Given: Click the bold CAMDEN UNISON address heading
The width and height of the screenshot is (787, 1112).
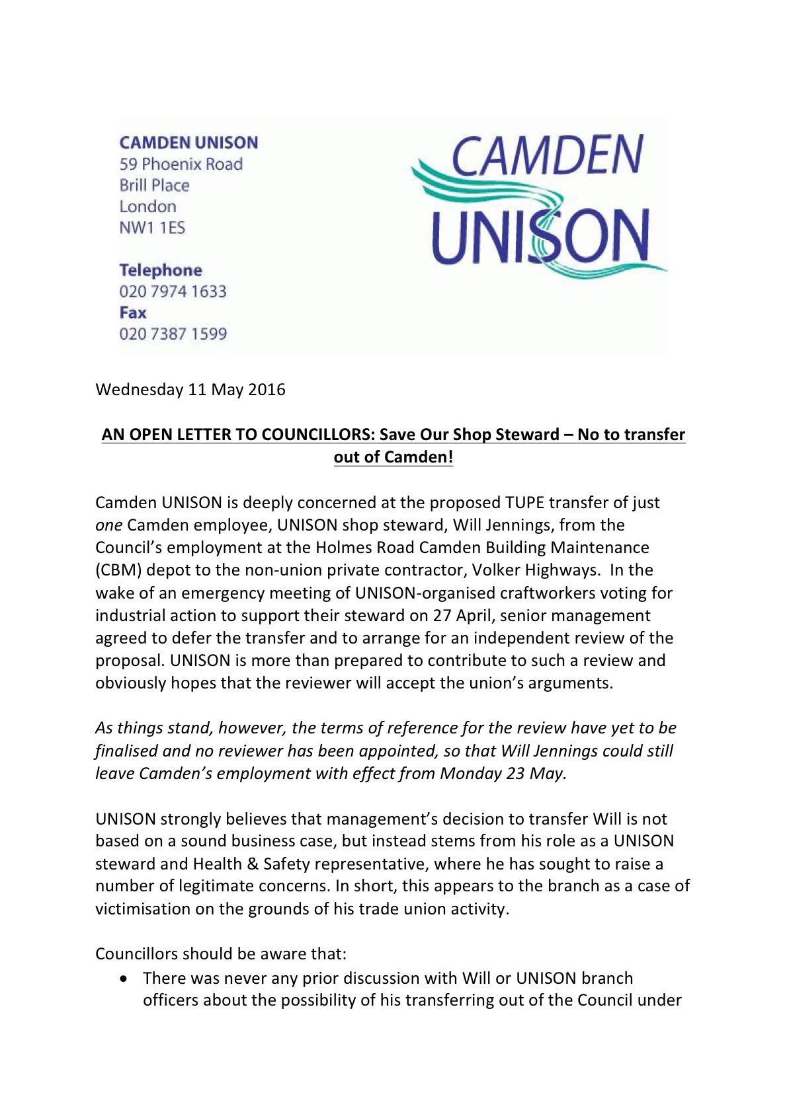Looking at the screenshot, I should click(x=188, y=143).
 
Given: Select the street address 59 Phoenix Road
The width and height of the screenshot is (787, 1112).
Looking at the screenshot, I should click(x=181, y=164).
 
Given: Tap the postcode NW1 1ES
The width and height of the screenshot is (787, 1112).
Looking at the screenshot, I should click(x=152, y=228).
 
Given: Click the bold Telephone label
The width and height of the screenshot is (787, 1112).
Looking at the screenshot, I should click(x=161, y=270).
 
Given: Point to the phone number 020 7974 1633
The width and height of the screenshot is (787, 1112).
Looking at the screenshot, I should click(x=173, y=291).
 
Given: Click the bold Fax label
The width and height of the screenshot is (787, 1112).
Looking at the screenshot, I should click(x=132, y=313).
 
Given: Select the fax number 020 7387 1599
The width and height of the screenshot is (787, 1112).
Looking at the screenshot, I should click(x=173, y=334).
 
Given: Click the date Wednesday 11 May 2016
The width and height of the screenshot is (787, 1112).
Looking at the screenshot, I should click(x=190, y=389).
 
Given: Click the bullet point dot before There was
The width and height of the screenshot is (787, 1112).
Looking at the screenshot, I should click(x=124, y=978).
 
